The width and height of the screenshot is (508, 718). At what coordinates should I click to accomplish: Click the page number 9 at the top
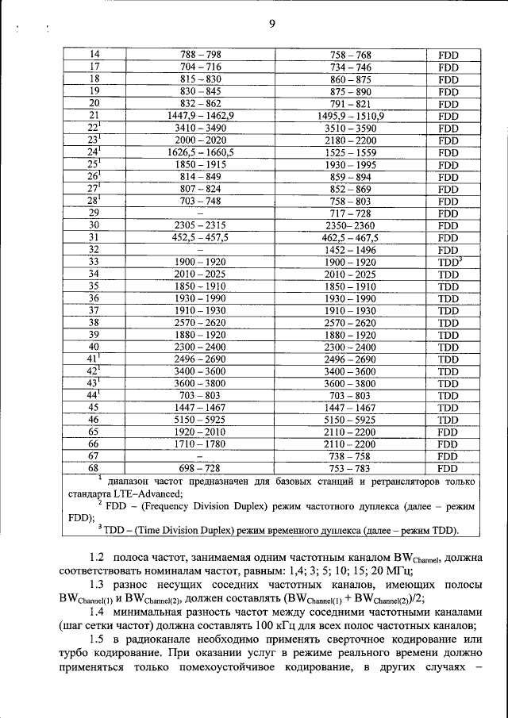click(x=271, y=25)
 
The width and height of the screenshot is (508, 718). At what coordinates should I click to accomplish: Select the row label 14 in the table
click(x=94, y=54)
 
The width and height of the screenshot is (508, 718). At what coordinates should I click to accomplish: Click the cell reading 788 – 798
click(x=201, y=54)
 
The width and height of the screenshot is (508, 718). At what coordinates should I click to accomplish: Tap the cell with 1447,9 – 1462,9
click(x=201, y=115)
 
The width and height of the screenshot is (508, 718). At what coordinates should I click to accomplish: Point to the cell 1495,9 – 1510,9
click(x=350, y=115)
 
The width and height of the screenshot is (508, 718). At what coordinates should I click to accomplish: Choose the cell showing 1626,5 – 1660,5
click(x=201, y=152)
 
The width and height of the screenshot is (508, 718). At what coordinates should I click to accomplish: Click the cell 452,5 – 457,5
click(x=201, y=237)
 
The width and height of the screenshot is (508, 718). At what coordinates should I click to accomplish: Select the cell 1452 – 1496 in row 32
click(x=350, y=249)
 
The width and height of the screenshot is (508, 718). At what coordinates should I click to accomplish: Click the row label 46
click(x=94, y=420)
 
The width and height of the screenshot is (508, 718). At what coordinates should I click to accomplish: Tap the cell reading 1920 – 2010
click(x=201, y=432)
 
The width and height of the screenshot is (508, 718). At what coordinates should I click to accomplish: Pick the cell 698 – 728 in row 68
click(x=201, y=469)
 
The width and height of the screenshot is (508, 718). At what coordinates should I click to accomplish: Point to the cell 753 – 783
click(x=350, y=469)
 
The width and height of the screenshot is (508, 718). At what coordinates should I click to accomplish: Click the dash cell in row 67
click(x=201, y=457)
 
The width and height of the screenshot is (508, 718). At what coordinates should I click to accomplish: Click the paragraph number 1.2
click(x=98, y=561)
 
